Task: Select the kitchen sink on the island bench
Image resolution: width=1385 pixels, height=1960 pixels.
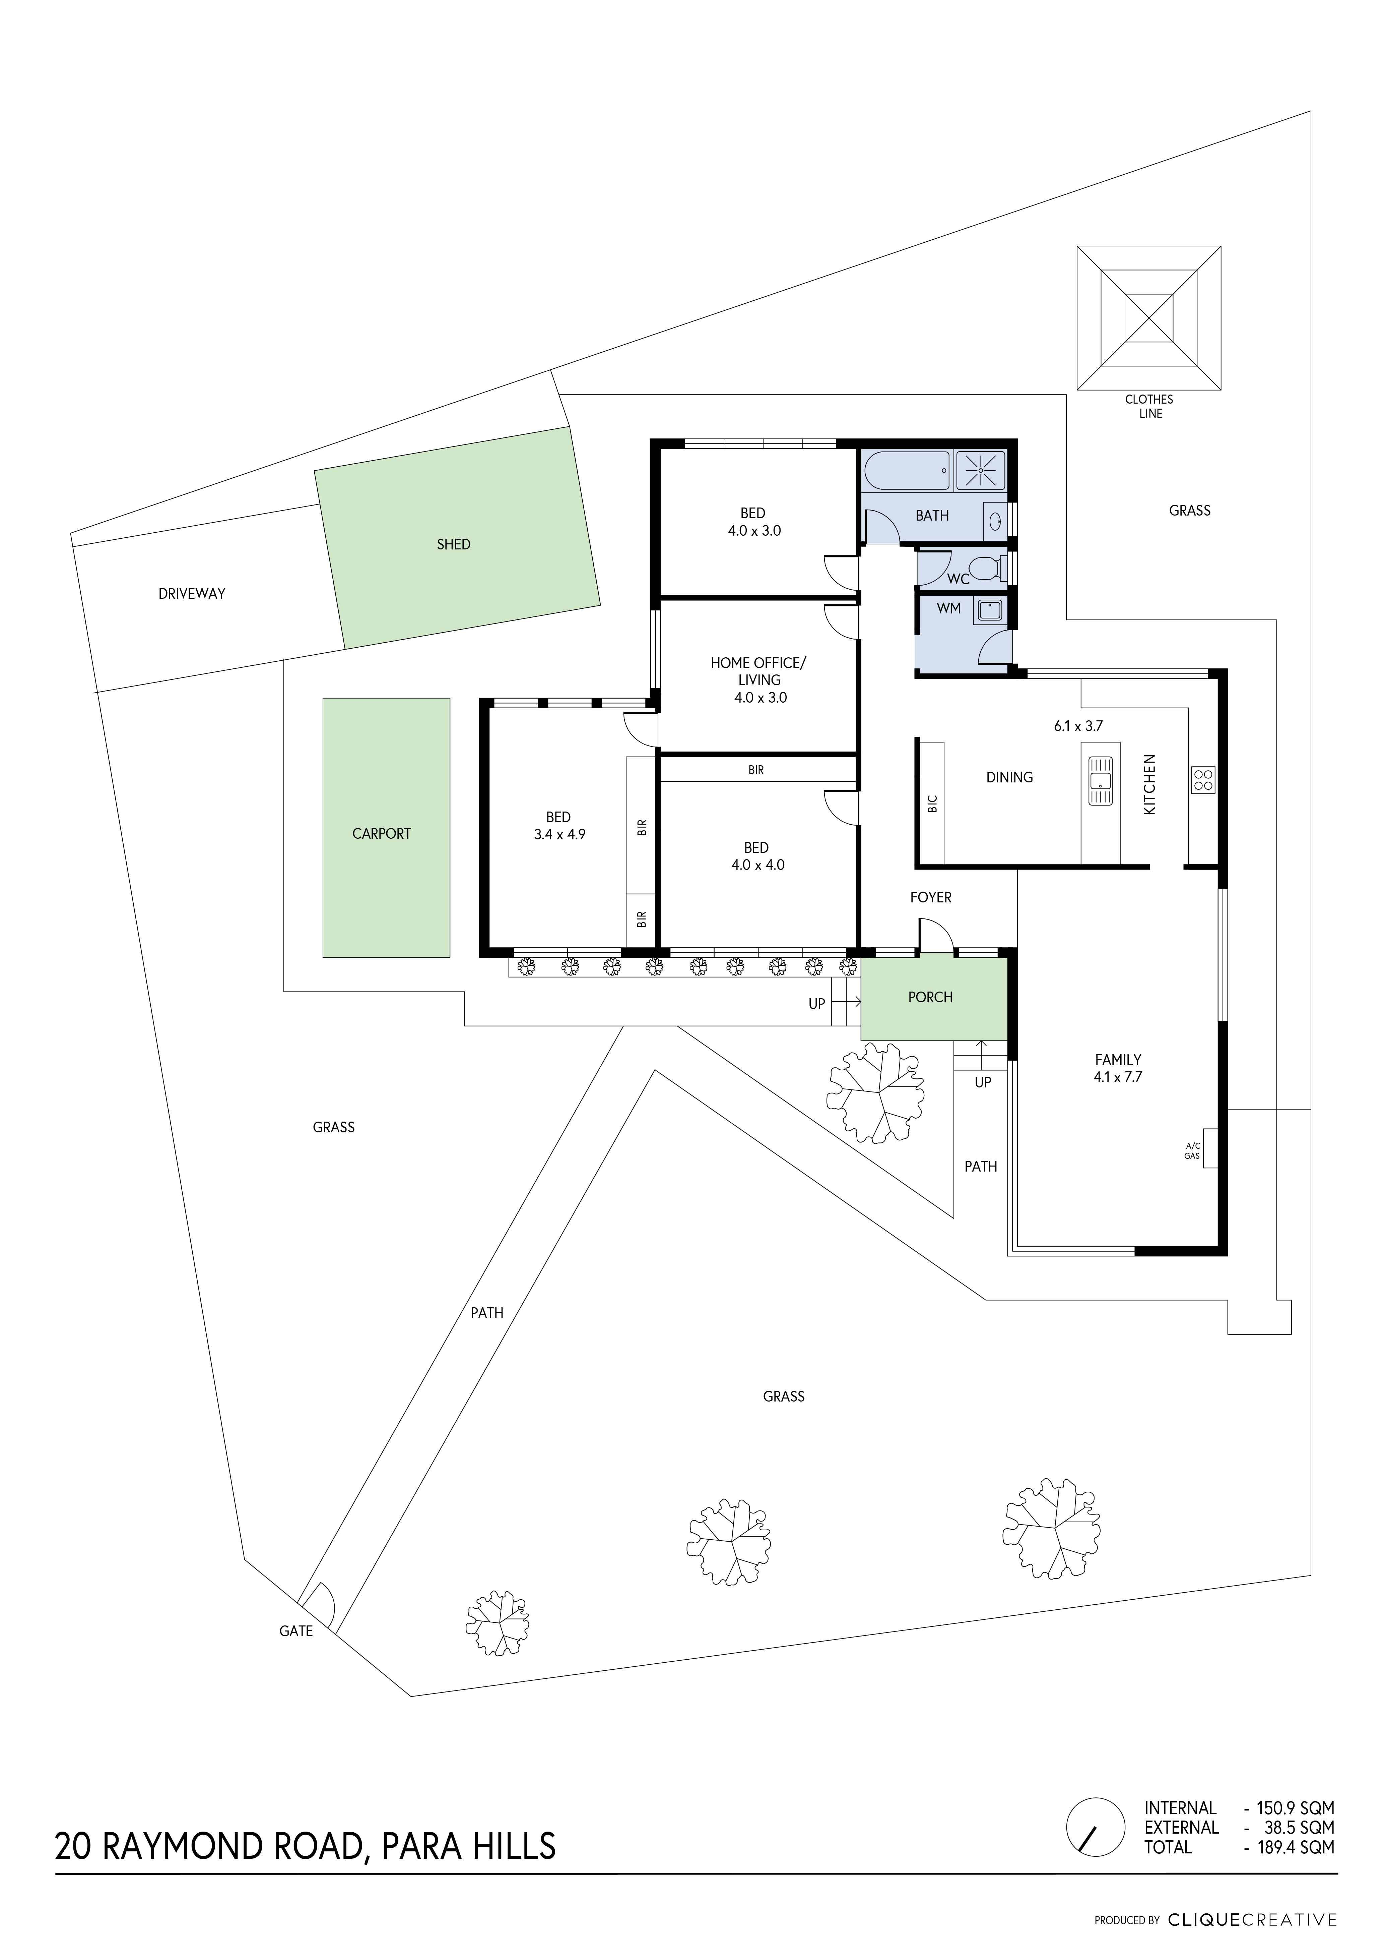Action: point(1100,779)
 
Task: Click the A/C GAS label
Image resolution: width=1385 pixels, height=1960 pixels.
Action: point(1192,1151)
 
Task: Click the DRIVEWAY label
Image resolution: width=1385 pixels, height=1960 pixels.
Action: point(192,593)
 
